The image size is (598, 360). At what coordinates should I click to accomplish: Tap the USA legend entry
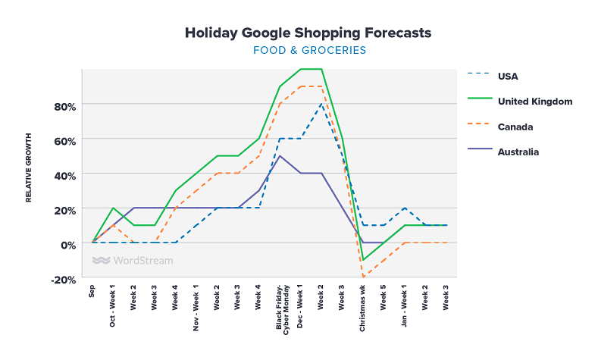(x=508, y=76)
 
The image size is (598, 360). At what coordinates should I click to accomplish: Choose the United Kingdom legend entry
(x=534, y=101)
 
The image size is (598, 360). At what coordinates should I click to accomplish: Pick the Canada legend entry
(x=515, y=127)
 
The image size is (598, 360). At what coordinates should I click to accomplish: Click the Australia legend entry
(x=518, y=152)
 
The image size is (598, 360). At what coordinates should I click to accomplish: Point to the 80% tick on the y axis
(x=64, y=105)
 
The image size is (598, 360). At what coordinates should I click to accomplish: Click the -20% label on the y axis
(x=64, y=280)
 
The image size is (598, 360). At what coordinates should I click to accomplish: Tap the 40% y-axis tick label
(x=64, y=175)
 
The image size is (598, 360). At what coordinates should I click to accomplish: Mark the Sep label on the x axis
(x=92, y=291)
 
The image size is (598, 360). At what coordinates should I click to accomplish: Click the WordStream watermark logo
(x=133, y=261)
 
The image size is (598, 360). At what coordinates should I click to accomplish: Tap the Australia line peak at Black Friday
(x=280, y=156)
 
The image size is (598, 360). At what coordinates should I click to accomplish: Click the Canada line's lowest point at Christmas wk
(x=363, y=277)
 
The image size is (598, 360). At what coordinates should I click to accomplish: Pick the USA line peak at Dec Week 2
(x=321, y=104)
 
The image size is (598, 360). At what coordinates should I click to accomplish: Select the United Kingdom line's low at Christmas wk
(x=363, y=260)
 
